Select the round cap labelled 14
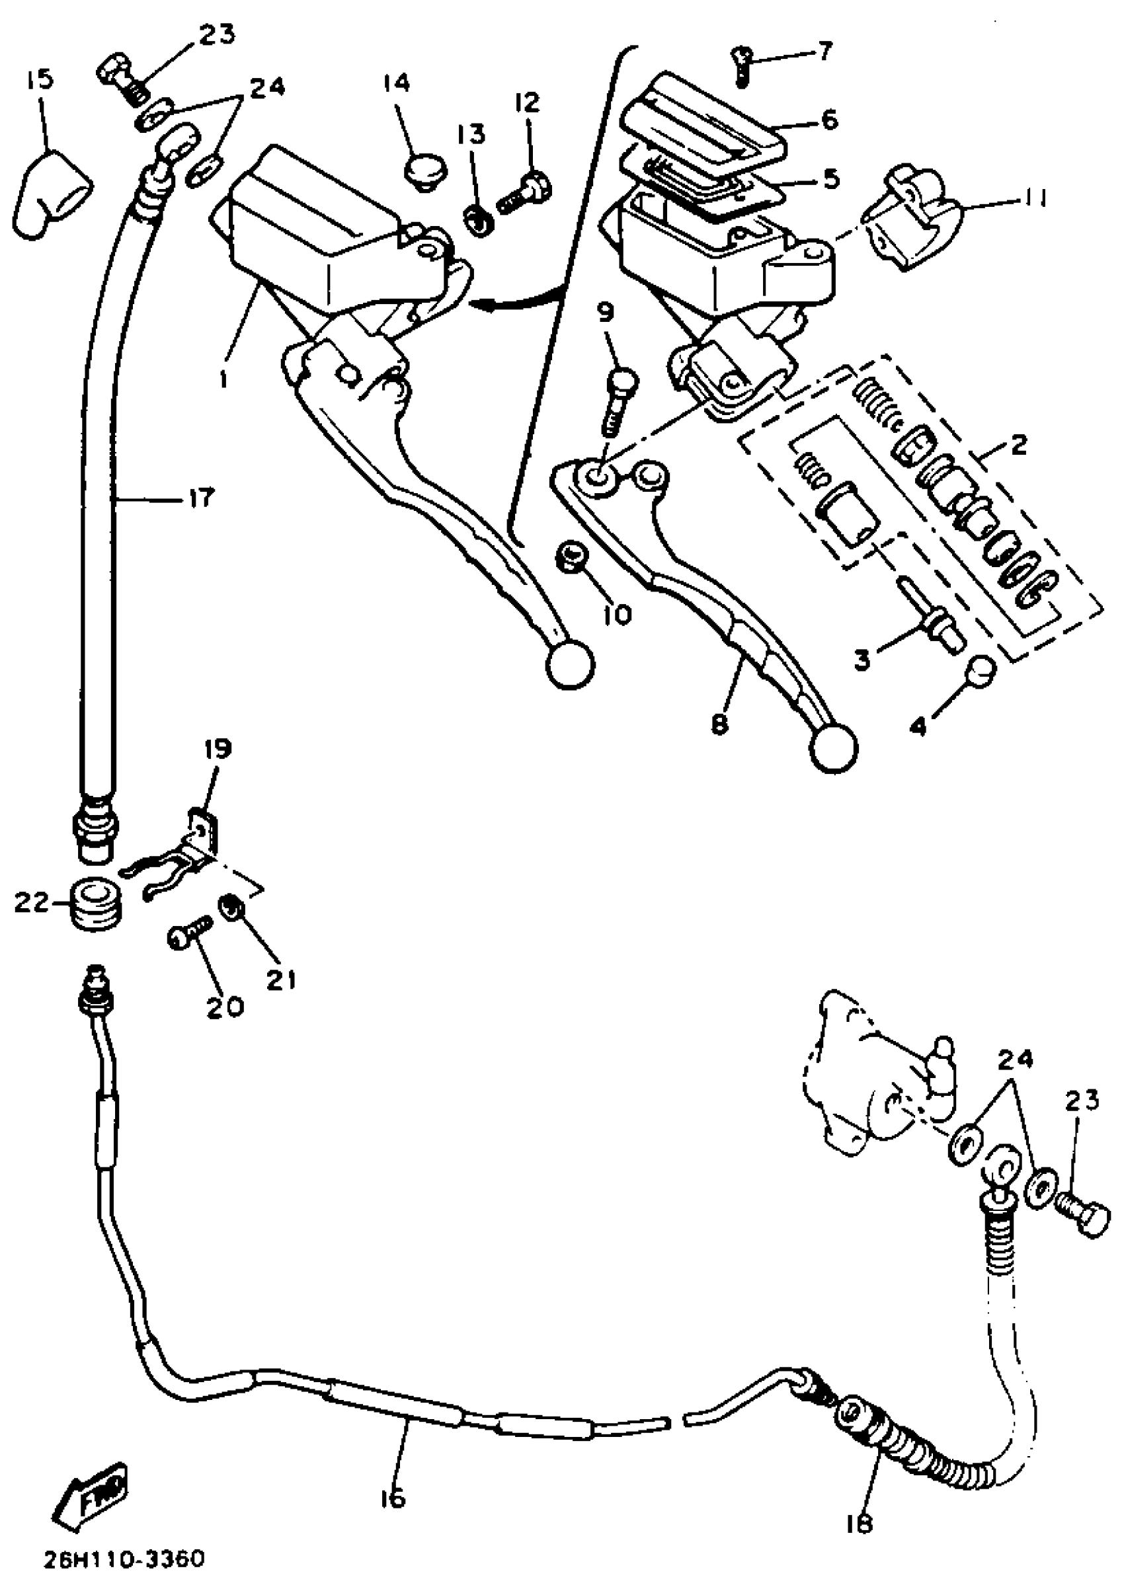pos(424,171)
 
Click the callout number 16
pos(391,1498)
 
